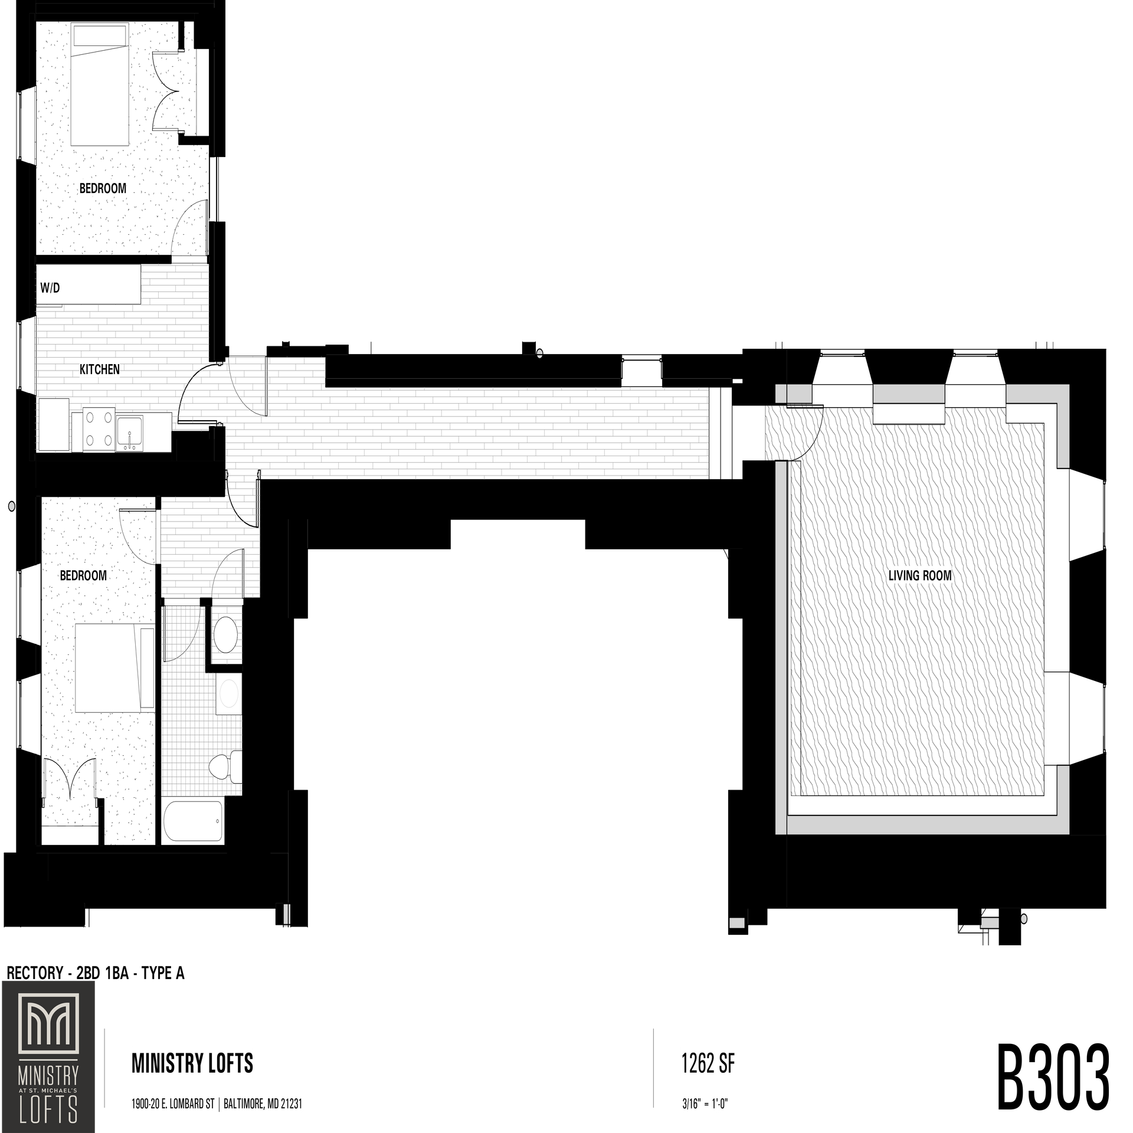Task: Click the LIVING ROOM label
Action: point(920,575)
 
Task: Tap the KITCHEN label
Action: point(100,369)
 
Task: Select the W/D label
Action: point(50,288)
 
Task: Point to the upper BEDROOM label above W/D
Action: point(103,188)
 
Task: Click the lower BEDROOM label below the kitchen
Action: point(83,575)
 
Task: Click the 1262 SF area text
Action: point(708,1063)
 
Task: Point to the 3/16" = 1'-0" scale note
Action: point(705,1103)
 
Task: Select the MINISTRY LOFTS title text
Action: point(192,1063)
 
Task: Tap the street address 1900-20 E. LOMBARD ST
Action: point(173,1103)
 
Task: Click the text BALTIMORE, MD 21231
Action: point(263,1103)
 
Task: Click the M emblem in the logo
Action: point(48,1024)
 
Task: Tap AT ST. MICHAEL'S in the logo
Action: point(48,1091)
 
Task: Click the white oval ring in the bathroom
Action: point(229,693)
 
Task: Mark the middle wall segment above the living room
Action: point(909,393)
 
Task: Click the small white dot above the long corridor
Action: point(539,354)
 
